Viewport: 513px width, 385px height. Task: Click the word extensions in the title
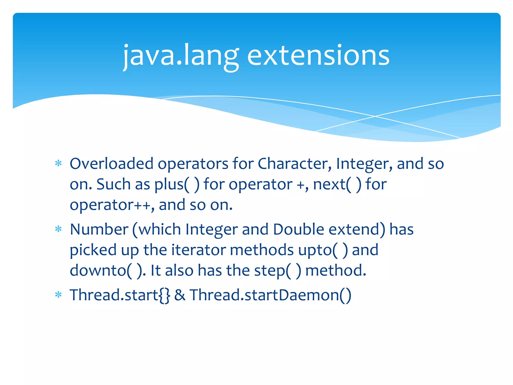pos(318,56)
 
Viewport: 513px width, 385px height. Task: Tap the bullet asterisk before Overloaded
pos(58,164)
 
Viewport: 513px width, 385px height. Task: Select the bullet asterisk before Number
pos(58,229)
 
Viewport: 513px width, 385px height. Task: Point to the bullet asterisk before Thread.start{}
pos(58,295)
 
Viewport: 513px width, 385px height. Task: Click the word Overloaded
pos(111,164)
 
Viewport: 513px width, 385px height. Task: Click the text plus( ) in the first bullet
pos(177,184)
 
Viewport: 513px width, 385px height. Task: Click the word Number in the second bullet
pos(99,229)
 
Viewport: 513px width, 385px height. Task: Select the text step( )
pos(278,271)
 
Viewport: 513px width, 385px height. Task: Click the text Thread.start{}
pos(120,295)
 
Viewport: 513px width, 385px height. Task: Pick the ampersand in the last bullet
pos(180,295)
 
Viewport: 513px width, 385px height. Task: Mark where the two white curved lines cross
pos(375,116)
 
